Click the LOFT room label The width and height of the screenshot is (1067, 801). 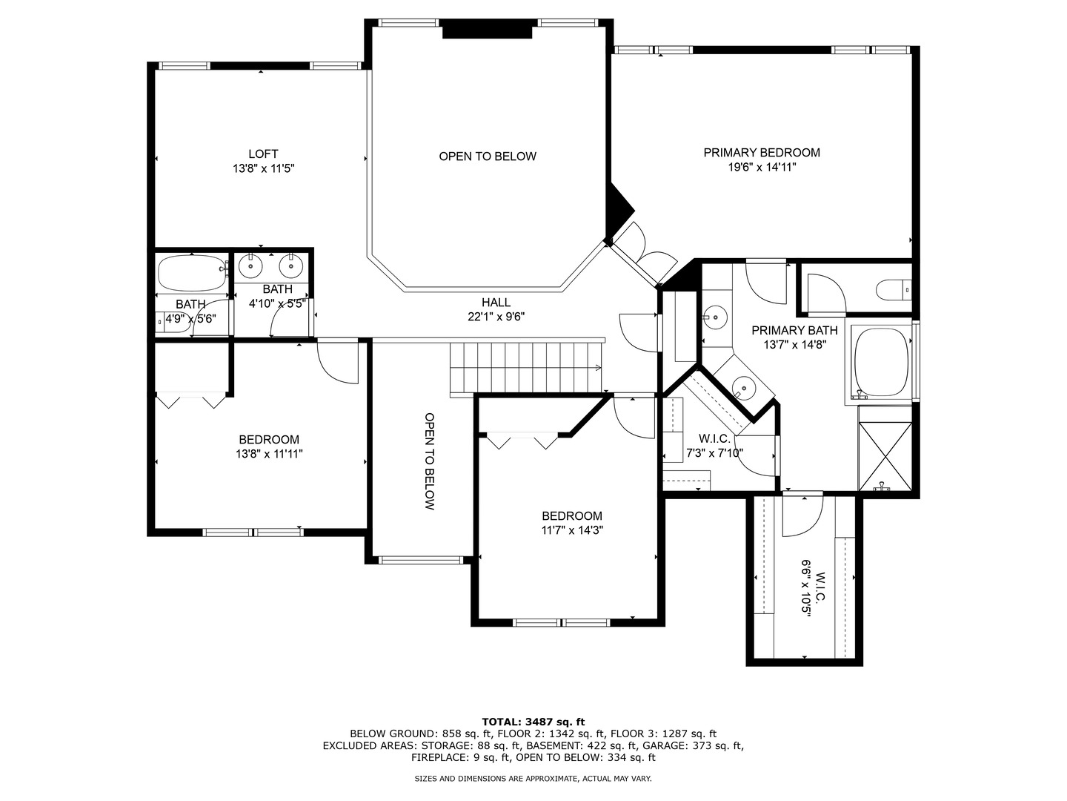click(x=263, y=154)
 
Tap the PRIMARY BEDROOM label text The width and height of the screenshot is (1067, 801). click(x=761, y=153)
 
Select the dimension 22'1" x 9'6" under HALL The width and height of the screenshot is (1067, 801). click(x=496, y=317)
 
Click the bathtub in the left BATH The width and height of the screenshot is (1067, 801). click(x=191, y=273)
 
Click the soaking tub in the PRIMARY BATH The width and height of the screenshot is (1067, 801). click(x=880, y=362)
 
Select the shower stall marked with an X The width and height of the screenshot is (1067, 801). click(x=885, y=455)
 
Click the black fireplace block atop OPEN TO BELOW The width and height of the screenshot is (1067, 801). click(x=488, y=30)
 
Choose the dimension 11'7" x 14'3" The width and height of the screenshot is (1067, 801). click(x=571, y=530)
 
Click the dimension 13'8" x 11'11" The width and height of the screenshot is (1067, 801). click(x=269, y=454)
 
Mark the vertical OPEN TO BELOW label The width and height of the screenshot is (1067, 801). click(x=429, y=461)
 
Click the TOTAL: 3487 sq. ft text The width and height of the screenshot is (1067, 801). click(x=533, y=721)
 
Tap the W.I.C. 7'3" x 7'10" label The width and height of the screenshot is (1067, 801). click(x=714, y=446)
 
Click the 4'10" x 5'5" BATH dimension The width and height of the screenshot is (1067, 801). click(x=277, y=303)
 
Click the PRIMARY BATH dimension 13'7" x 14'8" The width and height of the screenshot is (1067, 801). click(x=794, y=345)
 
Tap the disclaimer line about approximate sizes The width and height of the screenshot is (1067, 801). click(x=533, y=779)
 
